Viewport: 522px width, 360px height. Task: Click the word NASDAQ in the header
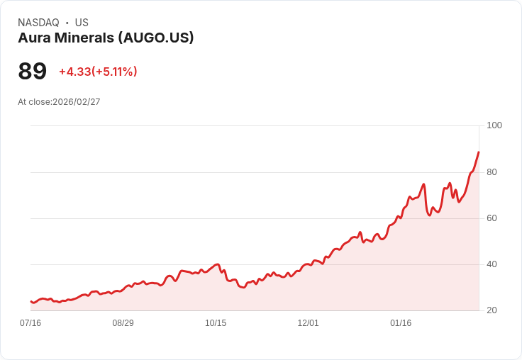point(38,23)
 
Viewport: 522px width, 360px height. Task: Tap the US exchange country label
point(82,23)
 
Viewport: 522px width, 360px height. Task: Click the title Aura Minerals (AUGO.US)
point(106,38)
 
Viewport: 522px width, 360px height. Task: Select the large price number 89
point(33,72)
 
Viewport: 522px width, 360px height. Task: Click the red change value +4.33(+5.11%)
point(98,72)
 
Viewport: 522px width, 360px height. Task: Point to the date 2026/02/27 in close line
point(78,102)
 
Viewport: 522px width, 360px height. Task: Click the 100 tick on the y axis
point(494,125)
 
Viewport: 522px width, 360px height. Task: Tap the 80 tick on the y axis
point(492,172)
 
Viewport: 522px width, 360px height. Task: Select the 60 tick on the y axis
point(492,218)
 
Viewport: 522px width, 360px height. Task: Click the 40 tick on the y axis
point(492,264)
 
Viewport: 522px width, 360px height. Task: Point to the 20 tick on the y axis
point(492,310)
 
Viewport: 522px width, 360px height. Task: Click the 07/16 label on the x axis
point(30,323)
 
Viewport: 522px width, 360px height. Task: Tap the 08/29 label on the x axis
point(123,323)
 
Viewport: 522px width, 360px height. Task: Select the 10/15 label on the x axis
point(216,323)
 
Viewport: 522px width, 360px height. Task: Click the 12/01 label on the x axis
point(308,323)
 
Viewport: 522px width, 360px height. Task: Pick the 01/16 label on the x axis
point(401,323)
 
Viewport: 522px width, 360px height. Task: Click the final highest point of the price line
point(479,152)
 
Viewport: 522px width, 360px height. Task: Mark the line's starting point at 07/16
point(30,302)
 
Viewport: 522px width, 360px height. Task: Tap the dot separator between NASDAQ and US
point(67,23)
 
